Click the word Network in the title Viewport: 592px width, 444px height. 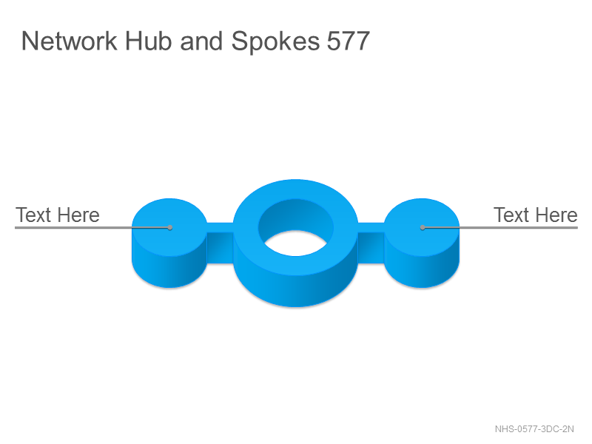[x=69, y=41]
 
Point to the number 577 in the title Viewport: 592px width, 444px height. [x=348, y=41]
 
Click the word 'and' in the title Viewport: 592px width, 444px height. [x=201, y=41]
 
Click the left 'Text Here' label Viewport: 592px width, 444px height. [x=58, y=215]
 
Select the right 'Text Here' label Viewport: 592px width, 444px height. [x=535, y=215]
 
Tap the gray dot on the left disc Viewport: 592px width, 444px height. [x=170, y=227]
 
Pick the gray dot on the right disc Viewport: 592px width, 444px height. [x=423, y=227]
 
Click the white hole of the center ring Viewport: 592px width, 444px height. [x=295, y=243]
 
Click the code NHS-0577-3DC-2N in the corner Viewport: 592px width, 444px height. [x=534, y=429]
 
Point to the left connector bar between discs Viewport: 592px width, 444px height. [x=220, y=243]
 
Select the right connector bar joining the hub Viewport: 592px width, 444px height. [x=371, y=243]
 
